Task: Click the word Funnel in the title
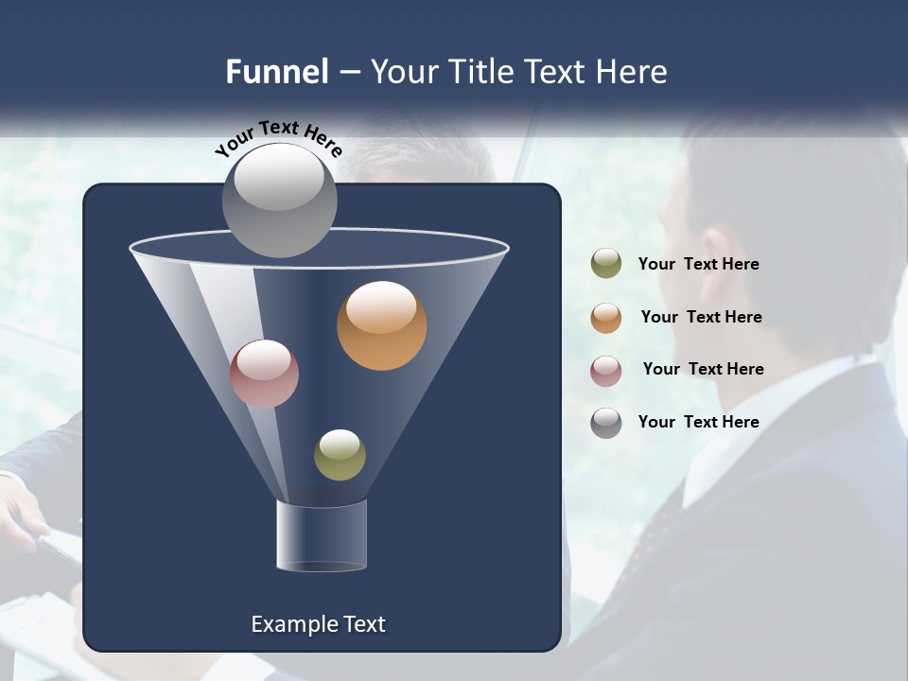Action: pos(277,72)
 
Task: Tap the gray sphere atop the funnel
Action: pos(279,201)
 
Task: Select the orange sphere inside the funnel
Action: pos(381,325)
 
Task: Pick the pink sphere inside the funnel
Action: pos(264,374)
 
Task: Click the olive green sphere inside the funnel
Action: pos(340,455)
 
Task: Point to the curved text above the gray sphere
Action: pos(278,138)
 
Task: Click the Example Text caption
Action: pos(318,624)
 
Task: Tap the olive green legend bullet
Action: pos(606,264)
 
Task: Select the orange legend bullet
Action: pos(606,318)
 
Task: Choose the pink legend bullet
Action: pos(606,370)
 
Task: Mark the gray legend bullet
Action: pos(606,423)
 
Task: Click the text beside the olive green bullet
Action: pos(698,265)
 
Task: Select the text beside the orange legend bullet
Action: pos(701,318)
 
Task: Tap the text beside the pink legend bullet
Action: pos(703,370)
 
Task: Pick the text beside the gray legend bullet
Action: pos(698,423)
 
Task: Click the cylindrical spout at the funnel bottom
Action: pos(321,536)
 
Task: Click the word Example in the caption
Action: pos(291,624)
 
